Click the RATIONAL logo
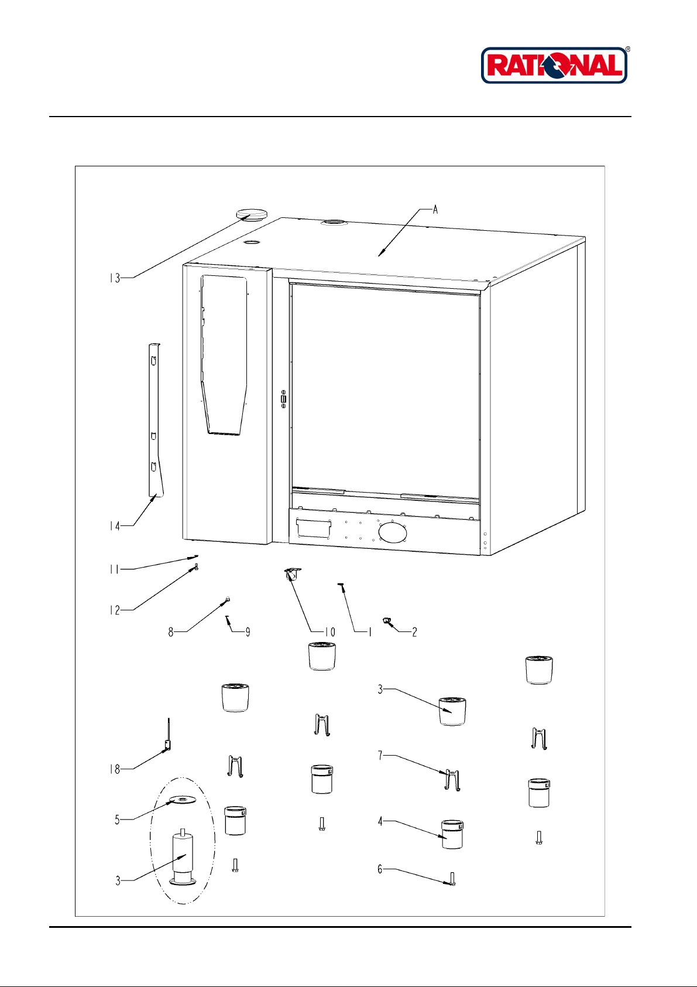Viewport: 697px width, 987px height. pyautogui.click(x=554, y=65)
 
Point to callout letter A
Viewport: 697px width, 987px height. pyautogui.click(x=435, y=210)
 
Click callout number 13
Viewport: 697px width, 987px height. pyautogui.click(x=114, y=278)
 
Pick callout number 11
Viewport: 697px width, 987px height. pyautogui.click(x=114, y=569)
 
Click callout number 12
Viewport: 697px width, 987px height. pyautogui.click(x=114, y=610)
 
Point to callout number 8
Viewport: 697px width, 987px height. pyautogui.click(x=171, y=632)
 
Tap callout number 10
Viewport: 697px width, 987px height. pyautogui.click(x=330, y=632)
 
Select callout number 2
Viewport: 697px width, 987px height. pyautogui.click(x=414, y=632)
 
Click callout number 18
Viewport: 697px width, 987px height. pyautogui.click(x=115, y=769)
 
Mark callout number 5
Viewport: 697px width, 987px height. pyautogui.click(x=117, y=819)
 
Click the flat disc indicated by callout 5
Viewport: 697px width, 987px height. pyautogui.click(x=183, y=800)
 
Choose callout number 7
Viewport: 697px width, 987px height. pyautogui.click(x=380, y=756)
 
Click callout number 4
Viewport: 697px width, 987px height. pyautogui.click(x=380, y=822)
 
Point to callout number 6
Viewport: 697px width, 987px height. pyautogui.click(x=380, y=869)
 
